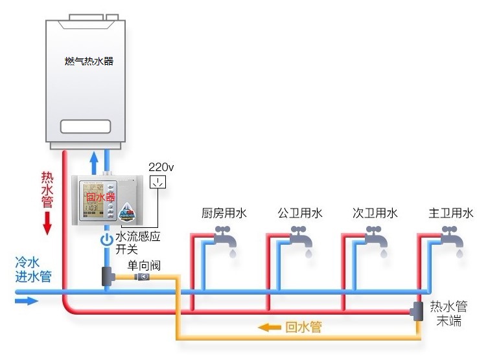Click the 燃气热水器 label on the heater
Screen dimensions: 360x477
coord(89,62)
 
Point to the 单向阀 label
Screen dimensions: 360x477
coord(144,265)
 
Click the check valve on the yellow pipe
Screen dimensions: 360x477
coord(141,277)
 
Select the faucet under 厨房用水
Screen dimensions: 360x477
coord(226,238)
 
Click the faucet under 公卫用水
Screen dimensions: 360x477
coord(302,238)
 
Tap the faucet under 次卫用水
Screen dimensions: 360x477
coord(377,238)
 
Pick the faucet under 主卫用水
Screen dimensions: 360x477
coord(452,238)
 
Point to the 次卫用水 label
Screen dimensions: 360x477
coord(375,213)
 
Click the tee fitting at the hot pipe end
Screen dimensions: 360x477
coord(417,311)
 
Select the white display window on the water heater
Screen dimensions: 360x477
coord(89,126)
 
